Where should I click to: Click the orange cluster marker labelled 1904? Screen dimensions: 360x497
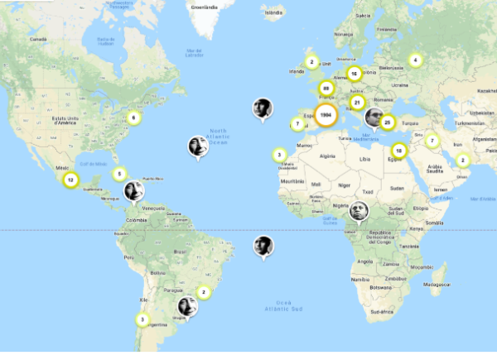[326, 116]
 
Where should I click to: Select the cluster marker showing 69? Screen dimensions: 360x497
[326, 88]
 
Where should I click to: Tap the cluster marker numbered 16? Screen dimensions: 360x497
[354, 74]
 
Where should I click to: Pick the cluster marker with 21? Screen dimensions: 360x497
[357, 103]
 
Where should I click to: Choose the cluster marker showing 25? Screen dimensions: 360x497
[387, 122]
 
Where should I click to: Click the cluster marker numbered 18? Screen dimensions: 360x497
[399, 151]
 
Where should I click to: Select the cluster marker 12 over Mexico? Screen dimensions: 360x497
[70, 180]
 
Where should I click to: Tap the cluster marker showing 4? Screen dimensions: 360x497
[415, 60]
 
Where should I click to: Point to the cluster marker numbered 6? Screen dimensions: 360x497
[133, 118]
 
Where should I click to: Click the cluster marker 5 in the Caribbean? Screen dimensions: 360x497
[120, 174]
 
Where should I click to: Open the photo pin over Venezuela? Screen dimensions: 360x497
[134, 192]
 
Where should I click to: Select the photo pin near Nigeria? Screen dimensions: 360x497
[358, 212]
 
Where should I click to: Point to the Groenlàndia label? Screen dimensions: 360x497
[204, 7]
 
